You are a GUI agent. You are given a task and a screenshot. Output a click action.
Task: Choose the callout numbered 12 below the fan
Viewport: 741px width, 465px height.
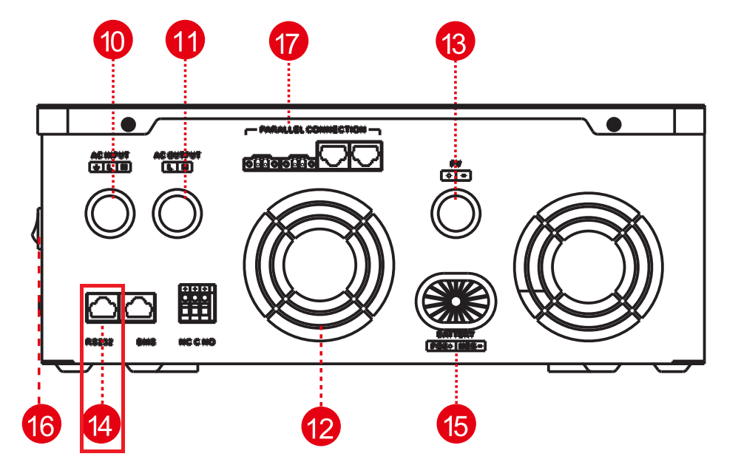coord(320,427)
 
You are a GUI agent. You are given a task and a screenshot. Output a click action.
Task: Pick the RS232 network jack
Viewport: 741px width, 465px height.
coord(102,306)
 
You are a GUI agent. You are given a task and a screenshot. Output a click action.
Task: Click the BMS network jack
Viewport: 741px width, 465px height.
coord(140,306)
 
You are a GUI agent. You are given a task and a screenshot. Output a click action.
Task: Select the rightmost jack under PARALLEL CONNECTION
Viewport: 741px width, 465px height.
coord(366,155)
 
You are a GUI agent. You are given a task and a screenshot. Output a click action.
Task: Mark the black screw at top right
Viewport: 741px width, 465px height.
coord(613,123)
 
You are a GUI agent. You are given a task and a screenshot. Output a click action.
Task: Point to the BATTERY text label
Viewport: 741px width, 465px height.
coord(456,335)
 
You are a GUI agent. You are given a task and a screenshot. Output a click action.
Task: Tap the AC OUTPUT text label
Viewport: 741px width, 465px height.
coord(177,155)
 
